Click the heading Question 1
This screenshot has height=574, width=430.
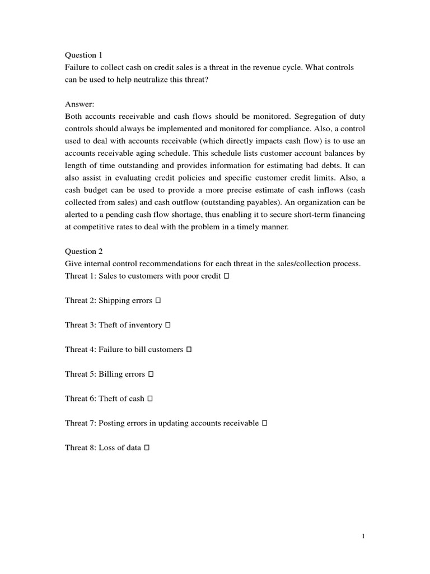tap(84, 55)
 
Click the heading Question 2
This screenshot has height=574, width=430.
tap(84, 252)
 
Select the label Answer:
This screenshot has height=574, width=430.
tap(80, 104)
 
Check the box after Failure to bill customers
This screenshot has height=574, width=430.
tap(189, 350)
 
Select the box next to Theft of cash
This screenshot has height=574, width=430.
tap(150, 399)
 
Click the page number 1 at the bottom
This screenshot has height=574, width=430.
tap(363, 536)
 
